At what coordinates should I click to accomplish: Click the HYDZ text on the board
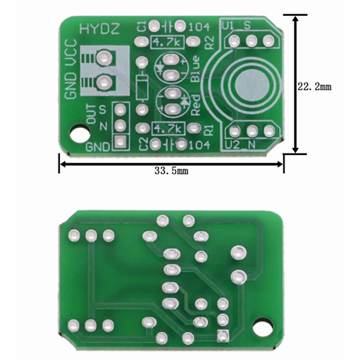[99, 29]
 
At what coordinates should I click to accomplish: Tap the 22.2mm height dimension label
[315, 87]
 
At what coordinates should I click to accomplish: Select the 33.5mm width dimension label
[171, 171]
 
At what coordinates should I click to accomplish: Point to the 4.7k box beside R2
[167, 42]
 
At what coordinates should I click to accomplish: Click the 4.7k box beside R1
[168, 128]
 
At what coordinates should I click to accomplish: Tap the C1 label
[142, 27]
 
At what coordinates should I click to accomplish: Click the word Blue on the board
[196, 69]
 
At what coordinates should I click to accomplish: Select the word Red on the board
[196, 106]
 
